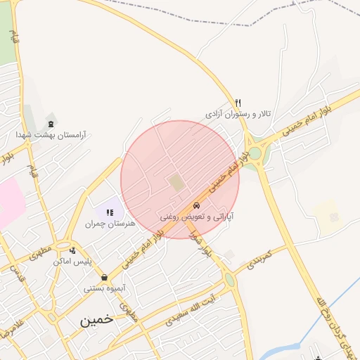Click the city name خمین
[x=96, y=320]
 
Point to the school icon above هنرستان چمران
[x=110, y=212]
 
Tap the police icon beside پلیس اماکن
[x=73, y=250]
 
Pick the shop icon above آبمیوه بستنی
[x=105, y=277]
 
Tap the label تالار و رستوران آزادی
[x=238, y=113]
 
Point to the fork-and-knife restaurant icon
[x=238, y=103]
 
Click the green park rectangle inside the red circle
[x=175, y=183]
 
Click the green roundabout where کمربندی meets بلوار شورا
[x=230, y=279]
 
